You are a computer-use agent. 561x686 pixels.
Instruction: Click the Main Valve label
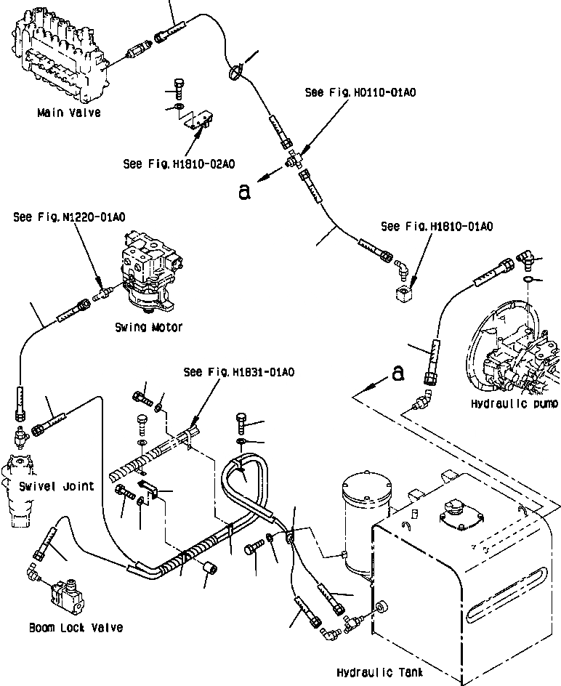click(x=69, y=113)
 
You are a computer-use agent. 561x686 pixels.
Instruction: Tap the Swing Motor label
click(x=149, y=327)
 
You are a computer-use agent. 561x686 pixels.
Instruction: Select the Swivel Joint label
click(x=57, y=486)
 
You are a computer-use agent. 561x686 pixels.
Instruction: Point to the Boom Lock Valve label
click(x=76, y=627)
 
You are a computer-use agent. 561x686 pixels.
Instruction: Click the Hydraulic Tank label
click(x=380, y=671)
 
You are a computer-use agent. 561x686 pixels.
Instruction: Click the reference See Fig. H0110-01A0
click(x=360, y=92)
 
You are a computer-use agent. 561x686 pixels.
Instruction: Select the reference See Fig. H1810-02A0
click(x=179, y=164)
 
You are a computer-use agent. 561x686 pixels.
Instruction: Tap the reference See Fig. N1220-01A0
click(x=69, y=217)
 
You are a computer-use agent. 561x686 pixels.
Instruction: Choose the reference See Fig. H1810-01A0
click(x=437, y=226)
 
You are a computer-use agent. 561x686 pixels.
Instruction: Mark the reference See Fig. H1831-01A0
click(x=239, y=372)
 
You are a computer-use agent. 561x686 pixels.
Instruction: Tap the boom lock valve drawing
click(x=68, y=597)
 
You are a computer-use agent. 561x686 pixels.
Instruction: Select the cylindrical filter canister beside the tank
click(x=367, y=522)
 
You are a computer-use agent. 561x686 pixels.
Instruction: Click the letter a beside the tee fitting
click(x=244, y=191)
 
